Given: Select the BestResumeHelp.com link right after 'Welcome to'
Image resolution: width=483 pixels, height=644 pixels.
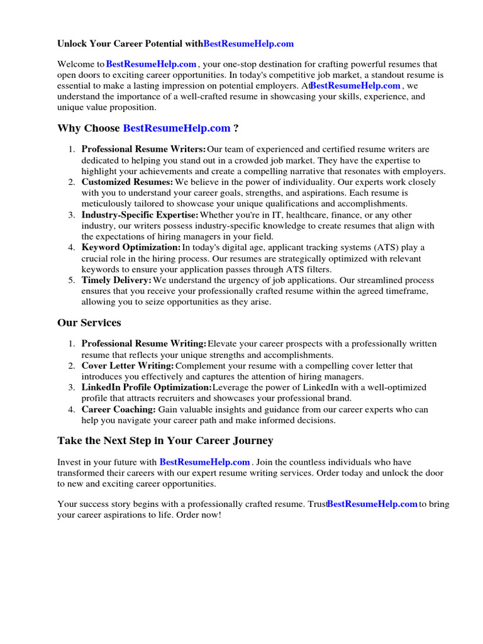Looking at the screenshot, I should pyautogui.click(x=152, y=64).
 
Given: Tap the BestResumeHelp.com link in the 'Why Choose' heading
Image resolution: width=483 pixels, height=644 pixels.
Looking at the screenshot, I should pyautogui.click(x=177, y=128).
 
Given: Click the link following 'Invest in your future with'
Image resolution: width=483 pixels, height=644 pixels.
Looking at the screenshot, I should pyautogui.click(x=204, y=462).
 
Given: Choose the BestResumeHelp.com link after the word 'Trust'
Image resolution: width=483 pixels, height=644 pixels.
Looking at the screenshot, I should pyautogui.click(x=372, y=504).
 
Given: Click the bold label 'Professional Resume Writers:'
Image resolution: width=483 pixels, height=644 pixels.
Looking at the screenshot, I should pyautogui.click(x=143, y=150).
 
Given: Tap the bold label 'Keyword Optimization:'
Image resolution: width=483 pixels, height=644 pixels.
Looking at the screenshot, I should pyautogui.click(x=131, y=248).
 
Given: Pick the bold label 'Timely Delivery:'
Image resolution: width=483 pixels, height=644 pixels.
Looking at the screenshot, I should pyautogui.click(x=116, y=280).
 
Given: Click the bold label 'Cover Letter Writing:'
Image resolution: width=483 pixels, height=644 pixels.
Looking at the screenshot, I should pyautogui.click(x=128, y=366).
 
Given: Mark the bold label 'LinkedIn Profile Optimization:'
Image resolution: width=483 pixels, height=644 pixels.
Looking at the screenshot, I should pyautogui.click(x=147, y=387).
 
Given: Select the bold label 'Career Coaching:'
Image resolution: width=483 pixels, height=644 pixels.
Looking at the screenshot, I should pyautogui.click(x=118, y=409).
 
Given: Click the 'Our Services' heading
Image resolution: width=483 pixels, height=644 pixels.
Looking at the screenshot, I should pyautogui.click(x=89, y=323).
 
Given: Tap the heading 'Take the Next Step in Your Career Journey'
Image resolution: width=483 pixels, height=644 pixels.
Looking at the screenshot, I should pyautogui.click(x=165, y=440).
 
